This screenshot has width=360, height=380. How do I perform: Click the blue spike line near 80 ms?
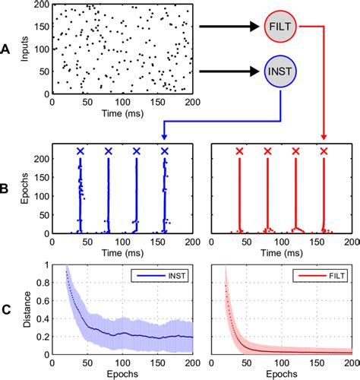[x=108, y=198]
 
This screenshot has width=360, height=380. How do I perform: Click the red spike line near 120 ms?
[x=295, y=198]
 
